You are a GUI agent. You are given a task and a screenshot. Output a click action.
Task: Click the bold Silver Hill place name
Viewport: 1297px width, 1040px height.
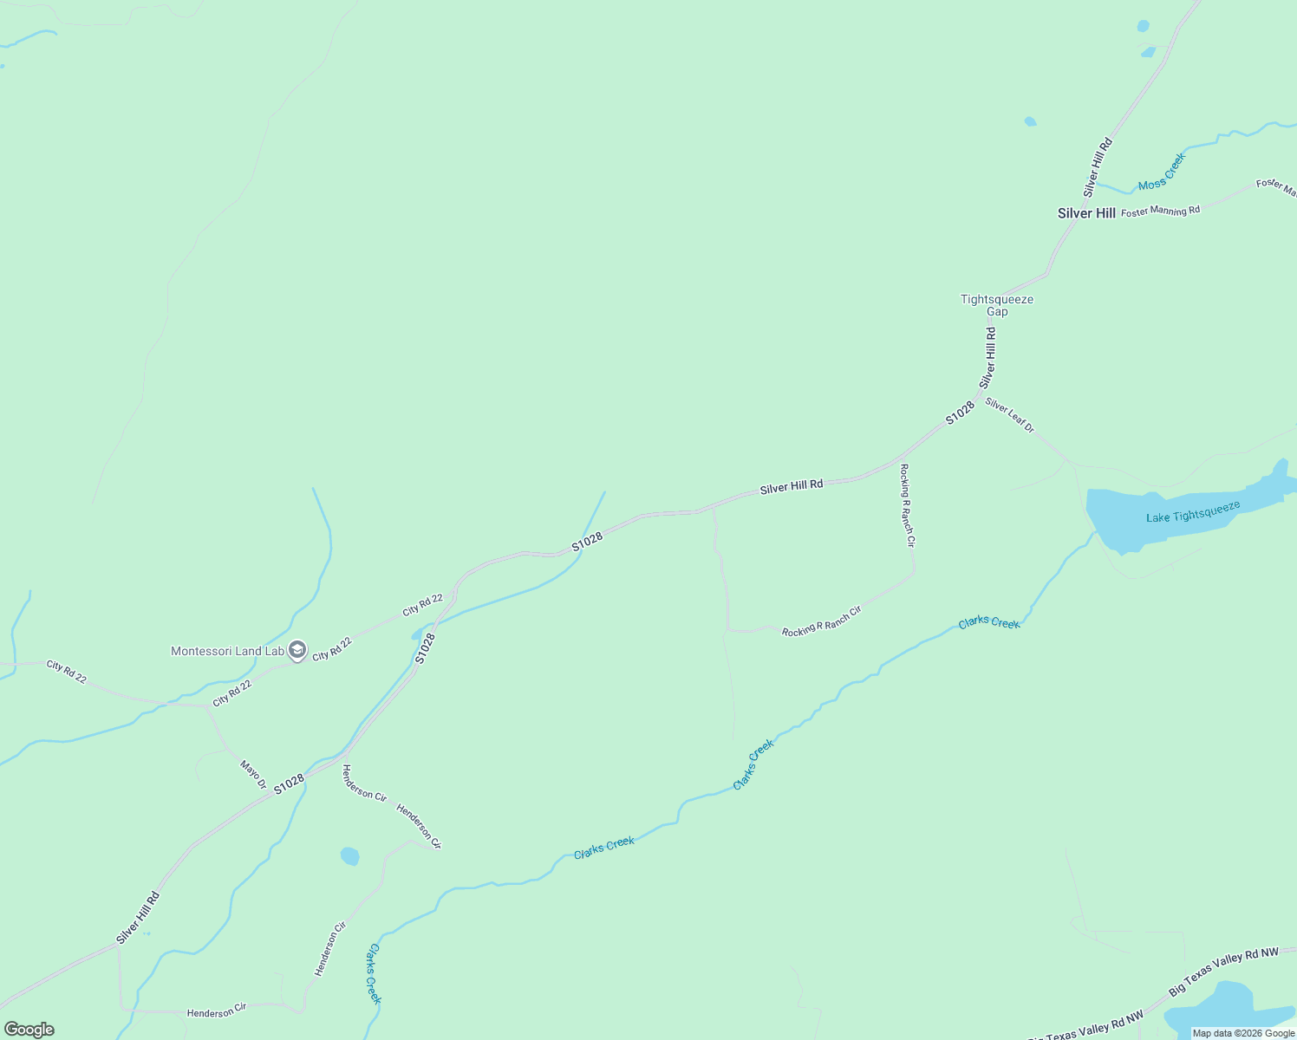(1085, 213)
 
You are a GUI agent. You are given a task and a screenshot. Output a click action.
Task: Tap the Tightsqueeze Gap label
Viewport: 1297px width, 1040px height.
(996, 305)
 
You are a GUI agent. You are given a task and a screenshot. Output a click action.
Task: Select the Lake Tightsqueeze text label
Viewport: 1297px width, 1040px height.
(1193, 512)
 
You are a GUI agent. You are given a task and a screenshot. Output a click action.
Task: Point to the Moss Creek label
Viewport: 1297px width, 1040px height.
(1161, 172)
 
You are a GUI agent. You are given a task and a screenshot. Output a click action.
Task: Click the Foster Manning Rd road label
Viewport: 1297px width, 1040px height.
(1160, 211)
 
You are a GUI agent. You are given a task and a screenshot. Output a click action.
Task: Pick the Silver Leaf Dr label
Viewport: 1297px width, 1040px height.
(1009, 415)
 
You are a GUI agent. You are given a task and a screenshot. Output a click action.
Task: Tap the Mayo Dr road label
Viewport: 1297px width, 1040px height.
(253, 774)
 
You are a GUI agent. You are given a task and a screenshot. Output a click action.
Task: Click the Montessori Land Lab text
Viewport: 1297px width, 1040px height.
(227, 651)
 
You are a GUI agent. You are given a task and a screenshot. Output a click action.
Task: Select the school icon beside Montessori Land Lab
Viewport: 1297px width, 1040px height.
(297, 651)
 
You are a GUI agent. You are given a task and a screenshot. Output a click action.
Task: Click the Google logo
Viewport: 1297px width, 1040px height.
(29, 1030)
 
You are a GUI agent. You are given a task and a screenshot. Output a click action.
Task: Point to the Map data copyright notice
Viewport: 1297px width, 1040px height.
(1243, 1033)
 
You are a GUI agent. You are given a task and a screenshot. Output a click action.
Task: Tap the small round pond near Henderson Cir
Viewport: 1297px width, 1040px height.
(349, 856)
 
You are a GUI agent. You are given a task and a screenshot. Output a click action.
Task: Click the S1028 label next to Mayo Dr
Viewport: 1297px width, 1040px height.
(290, 783)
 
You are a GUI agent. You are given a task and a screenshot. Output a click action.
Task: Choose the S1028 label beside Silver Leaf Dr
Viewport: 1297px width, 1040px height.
(960, 413)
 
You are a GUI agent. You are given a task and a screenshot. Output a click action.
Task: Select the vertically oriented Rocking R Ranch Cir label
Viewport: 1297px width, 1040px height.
(906, 505)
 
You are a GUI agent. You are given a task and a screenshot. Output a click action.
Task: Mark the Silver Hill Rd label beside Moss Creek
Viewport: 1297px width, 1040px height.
(1097, 166)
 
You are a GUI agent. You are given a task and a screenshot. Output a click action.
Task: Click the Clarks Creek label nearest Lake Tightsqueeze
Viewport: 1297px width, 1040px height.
(989, 622)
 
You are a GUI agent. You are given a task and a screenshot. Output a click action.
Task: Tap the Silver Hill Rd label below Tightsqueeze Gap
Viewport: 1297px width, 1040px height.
(987, 357)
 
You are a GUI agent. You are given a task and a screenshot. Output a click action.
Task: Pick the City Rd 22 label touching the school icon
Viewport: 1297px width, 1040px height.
(332, 648)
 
